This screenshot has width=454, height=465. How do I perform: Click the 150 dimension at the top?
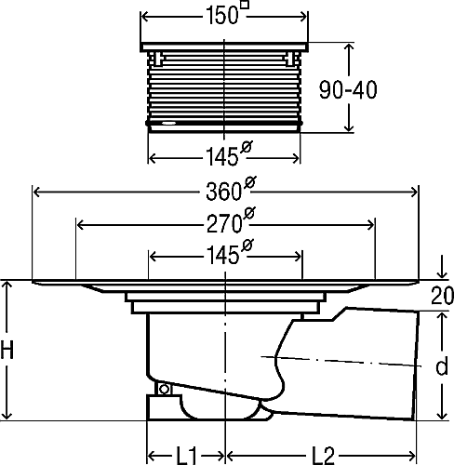tap(221, 16)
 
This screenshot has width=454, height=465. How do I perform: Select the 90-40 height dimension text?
tap(348, 90)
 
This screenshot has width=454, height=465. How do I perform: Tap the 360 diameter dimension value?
tap(223, 192)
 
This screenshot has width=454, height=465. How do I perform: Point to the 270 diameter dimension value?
tap(224, 224)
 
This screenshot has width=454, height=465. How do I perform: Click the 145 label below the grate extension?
tap(222, 156)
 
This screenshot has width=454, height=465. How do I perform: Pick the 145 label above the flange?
tap(222, 255)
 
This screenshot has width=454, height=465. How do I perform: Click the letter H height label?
tap(7, 349)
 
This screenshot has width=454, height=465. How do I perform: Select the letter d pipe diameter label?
tap(442, 366)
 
